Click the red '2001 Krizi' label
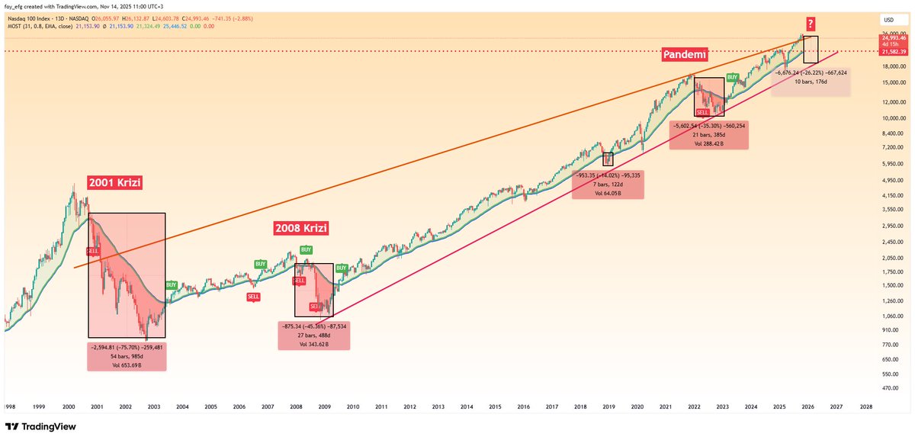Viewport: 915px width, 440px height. point(115,183)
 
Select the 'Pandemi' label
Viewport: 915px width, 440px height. point(684,56)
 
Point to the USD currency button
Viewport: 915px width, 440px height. point(888,19)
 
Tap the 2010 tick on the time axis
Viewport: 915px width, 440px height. point(353,407)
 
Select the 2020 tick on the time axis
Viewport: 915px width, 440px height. point(637,407)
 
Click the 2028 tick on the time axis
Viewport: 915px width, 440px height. point(865,407)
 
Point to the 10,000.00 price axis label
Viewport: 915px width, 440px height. point(888,118)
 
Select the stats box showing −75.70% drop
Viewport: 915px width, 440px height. point(125,356)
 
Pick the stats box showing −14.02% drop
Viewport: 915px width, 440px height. point(607,185)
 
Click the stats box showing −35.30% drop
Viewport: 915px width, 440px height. point(708,134)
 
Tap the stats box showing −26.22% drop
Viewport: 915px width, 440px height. point(811,82)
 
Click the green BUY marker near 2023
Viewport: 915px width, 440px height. point(732,77)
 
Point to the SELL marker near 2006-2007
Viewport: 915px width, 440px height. point(253,297)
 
